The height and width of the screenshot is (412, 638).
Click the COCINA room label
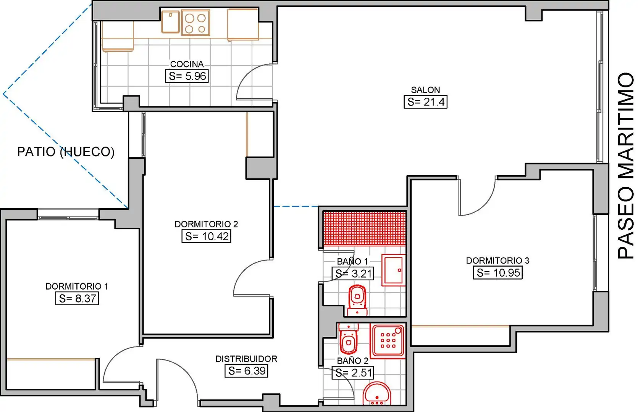[187, 64]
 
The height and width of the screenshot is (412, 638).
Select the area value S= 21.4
[425, 102]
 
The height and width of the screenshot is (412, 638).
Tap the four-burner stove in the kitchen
[195, 23]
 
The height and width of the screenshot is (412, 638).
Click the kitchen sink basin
[170, 22]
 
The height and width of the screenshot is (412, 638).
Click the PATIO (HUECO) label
[66, 152]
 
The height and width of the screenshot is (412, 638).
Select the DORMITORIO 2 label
[206, 224]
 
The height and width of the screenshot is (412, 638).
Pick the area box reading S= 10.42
[206, 236]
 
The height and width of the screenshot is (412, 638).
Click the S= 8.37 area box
[77, 298]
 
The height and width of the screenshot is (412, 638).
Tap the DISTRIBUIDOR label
[246, 359]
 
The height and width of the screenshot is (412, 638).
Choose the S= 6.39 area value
[247, 371]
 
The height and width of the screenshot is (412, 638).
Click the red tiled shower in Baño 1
[365, 228]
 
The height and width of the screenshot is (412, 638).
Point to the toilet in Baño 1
[357, 301]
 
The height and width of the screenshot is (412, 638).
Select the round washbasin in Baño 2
[377, 394]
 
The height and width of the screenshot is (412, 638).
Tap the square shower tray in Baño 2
[388, 341]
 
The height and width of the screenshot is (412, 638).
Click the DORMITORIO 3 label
[497, 261]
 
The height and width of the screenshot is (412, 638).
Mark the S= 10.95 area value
[497, 273]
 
